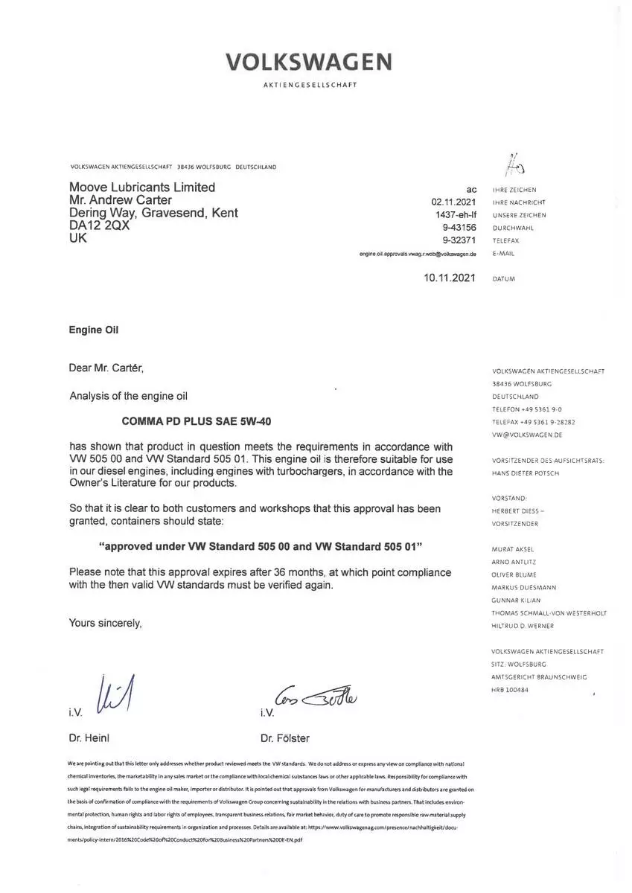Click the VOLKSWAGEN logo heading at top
coord(310,62)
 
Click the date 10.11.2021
coord(449,278)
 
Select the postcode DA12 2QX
coord(99,226)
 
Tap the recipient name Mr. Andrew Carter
coord(120,200)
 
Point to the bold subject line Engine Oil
coord(93,330)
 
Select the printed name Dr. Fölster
coord(285,738)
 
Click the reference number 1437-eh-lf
coord(456,214)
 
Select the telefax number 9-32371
coord(459,240)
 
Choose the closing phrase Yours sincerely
coord(105,622)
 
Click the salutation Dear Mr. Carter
coord(106,368)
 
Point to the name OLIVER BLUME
coord(514,574)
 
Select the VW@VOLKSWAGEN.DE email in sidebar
coord(527,434)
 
